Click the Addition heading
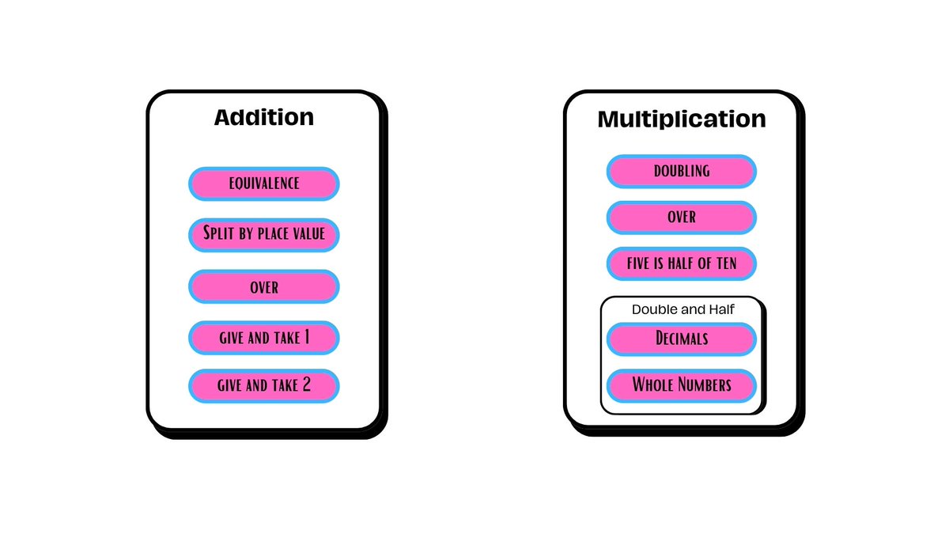[264, 117]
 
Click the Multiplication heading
[682, 119]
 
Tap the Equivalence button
[264, 184]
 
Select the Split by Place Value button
[264, 235]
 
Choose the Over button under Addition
[264, 286]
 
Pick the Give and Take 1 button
[264, 338]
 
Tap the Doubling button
[681, 171]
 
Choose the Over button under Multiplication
[681, 218]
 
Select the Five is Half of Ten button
[681, 263]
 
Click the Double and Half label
[683, 309]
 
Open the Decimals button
[681, 339]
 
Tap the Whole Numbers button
[681, 386]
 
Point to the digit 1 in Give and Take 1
[307, 337]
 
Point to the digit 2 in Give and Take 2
[306, 384]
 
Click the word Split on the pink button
[218, 233]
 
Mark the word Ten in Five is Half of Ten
[727, 263]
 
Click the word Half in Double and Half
[722, 309]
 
